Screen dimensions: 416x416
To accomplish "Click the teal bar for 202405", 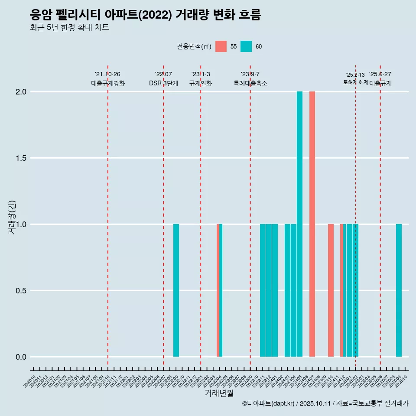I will (x=299, y=224).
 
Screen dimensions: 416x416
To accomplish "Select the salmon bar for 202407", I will (x=312, y=224).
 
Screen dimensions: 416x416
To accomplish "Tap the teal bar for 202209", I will (x=176, y=290).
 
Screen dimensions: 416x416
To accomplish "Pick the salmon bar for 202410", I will (x=331, y=290).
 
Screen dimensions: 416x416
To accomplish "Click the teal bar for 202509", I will (x=399, y=290).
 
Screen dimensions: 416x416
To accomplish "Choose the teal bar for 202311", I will (x=263, y=290).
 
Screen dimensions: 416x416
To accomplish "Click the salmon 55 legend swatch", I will (x=221, y=46).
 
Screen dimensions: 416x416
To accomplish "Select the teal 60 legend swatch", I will (x=246, y=46).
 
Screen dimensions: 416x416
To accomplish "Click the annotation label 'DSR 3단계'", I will (x=163, y=83).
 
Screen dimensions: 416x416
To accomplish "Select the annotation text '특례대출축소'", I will (x=250, y=83).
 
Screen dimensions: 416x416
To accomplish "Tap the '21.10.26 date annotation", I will (x=107, y=74).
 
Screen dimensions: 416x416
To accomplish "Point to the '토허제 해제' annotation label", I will (x=356, y=82).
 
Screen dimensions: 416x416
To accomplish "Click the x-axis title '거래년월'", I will (x=219, y=393).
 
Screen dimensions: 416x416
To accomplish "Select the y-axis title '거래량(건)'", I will (x=12, y=217).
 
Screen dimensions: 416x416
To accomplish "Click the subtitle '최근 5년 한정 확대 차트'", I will (x=69, y=28).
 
